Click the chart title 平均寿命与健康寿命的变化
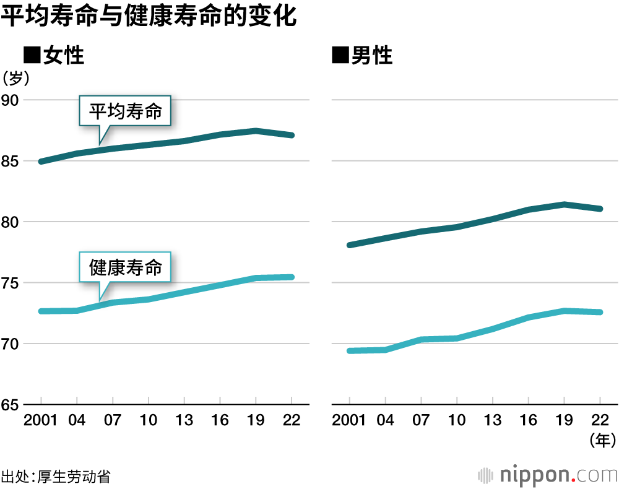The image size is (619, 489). click(x=149, y=17)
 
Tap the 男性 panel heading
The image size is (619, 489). click(x=363, y=56)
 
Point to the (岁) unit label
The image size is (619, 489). click(x=15, y=78)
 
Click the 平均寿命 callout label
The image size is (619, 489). click(x=126, y=111)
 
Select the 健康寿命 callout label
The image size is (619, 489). click(x=126, y=267)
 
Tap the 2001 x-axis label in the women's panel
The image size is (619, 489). click(x=41, y=420)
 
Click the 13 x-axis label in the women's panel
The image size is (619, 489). click(x=184, y=420)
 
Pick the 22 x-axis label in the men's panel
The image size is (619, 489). click(x=599, y=420)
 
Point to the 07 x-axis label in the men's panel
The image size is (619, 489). click(x=420, y=420)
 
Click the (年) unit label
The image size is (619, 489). click(x=600, y=440)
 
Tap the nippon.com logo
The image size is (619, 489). click(x=548, y=475)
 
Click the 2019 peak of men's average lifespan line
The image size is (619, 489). click(x=564, y=204)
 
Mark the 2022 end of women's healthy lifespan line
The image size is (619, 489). click(x=291, y=277)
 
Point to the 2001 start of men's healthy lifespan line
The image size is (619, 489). click(x=350, y=351)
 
